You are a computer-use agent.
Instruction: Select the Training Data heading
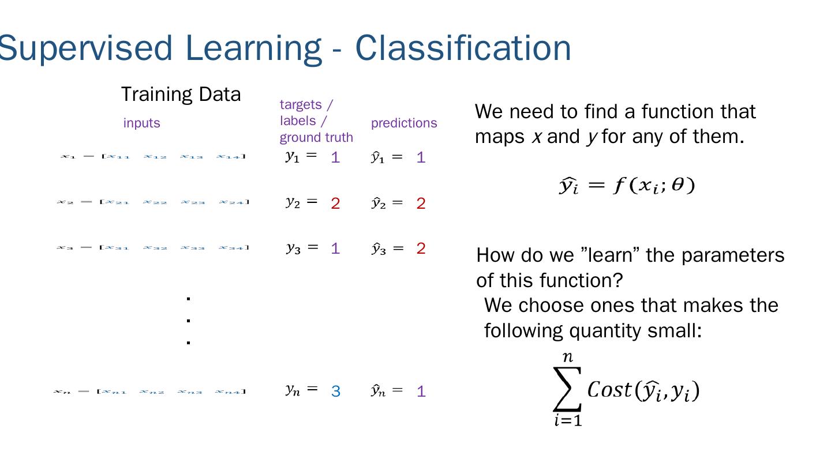(x=181, y=95)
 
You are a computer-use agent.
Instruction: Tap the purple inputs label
(x=141, y=123)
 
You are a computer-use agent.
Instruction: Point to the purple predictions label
(x=404, y=123)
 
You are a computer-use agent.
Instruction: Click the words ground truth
(x=316, y=138)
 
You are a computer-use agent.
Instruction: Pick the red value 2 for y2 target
(x=335, y=204)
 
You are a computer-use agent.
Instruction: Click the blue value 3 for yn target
(x=336, y=392)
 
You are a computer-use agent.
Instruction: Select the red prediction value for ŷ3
(x=421, y=249)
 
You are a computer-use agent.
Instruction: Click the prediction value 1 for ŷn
(x=421, y=392)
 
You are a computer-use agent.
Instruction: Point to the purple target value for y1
(x=335, y=157)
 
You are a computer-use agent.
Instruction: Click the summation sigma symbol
(x=567, y=389)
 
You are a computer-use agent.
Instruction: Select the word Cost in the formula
(x=610, y=390)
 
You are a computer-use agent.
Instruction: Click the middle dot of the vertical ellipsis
(x=189, y=321)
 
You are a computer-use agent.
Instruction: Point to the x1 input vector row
(x=153, y=156)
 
